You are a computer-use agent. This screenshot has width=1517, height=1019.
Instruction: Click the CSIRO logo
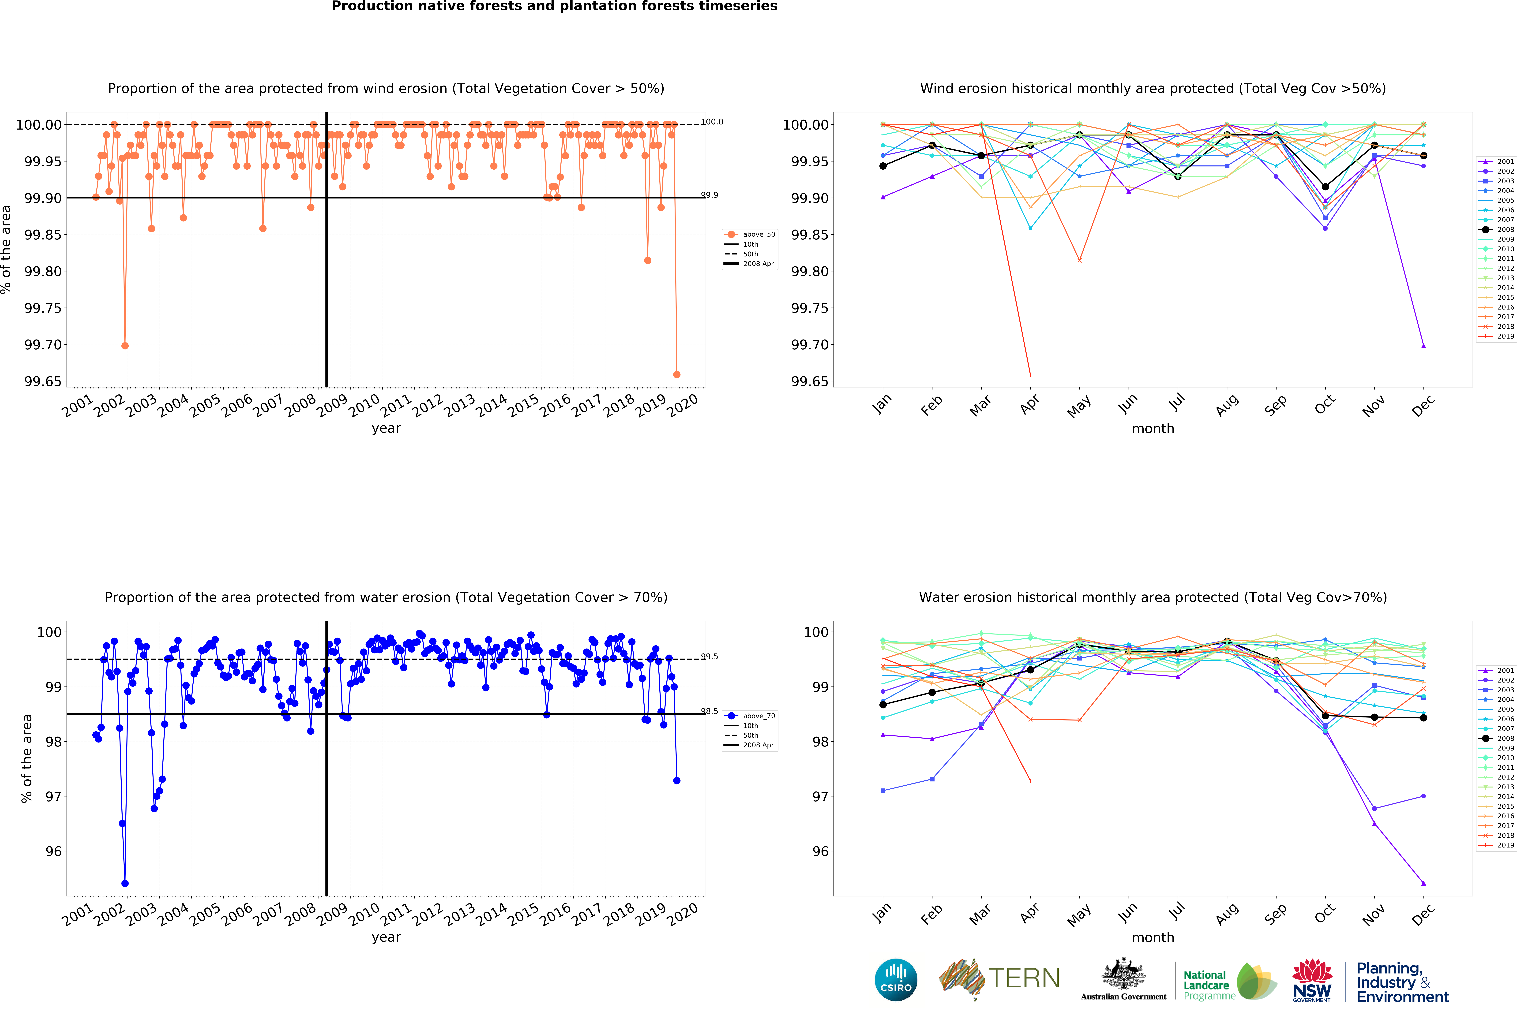click(896, 979)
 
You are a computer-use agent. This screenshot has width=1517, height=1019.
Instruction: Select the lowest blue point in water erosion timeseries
click(125, 883)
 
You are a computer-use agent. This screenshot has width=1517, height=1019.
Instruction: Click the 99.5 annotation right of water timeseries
click(710, 656)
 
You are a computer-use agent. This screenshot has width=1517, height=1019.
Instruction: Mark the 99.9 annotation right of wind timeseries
click(710, 195)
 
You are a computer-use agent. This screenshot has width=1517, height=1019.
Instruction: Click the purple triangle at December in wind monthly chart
click(1423, 346)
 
